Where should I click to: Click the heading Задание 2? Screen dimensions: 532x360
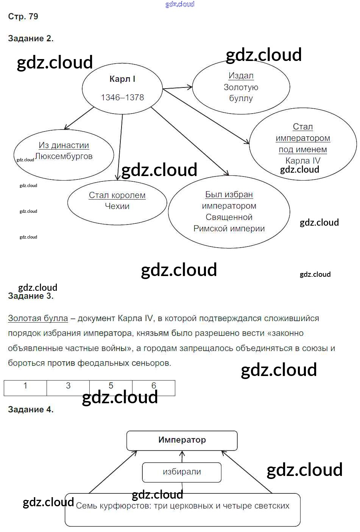(x=31, y=38)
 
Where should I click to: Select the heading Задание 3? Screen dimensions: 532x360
(x=31, y=296)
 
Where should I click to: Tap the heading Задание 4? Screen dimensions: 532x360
(x=31, y=409)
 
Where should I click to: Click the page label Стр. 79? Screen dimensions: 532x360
(x=23, y=16)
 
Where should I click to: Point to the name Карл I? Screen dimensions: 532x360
(x=122, y=79)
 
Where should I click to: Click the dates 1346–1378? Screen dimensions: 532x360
(x=122, y=97)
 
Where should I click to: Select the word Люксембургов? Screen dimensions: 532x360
(x=64, y=156)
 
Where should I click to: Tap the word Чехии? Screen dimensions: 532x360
(x=117, y=206)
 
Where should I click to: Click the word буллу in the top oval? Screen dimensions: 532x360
(x=241, y=98)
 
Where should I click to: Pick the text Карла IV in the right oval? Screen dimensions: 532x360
(x=303, y=161)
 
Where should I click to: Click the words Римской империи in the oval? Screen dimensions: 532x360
(x=229, y=228)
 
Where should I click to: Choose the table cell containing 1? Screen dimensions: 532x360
(x=25, y=388)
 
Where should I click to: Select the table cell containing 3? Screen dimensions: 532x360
(x=68, y=388)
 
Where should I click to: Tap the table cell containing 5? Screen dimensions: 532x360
(x=111, y=388)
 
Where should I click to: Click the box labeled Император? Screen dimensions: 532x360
(x=182, y=440)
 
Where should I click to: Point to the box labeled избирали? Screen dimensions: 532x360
(x=182, y=472)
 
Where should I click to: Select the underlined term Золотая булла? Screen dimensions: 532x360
(x=38, y=318)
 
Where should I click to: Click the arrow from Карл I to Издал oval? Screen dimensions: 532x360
(x=177, y=88)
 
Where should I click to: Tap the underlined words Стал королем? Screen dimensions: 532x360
(x=117, y=195)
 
